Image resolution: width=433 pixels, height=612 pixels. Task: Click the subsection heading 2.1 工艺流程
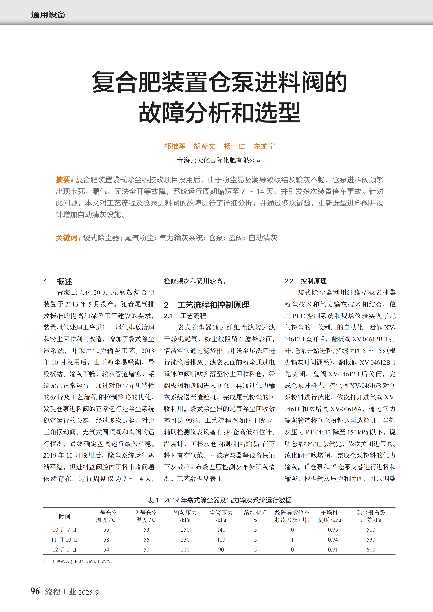[x=185, y=316]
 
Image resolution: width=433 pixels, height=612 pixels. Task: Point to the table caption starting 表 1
[x=219, y=500]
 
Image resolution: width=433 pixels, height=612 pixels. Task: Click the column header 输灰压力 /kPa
[x=185, y=516]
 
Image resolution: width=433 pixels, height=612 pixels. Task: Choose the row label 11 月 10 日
[x=64, y=540]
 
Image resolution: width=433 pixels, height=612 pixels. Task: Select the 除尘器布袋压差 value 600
[x=371, y=550]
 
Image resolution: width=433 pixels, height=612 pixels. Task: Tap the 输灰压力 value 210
[x=185, y=550]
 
